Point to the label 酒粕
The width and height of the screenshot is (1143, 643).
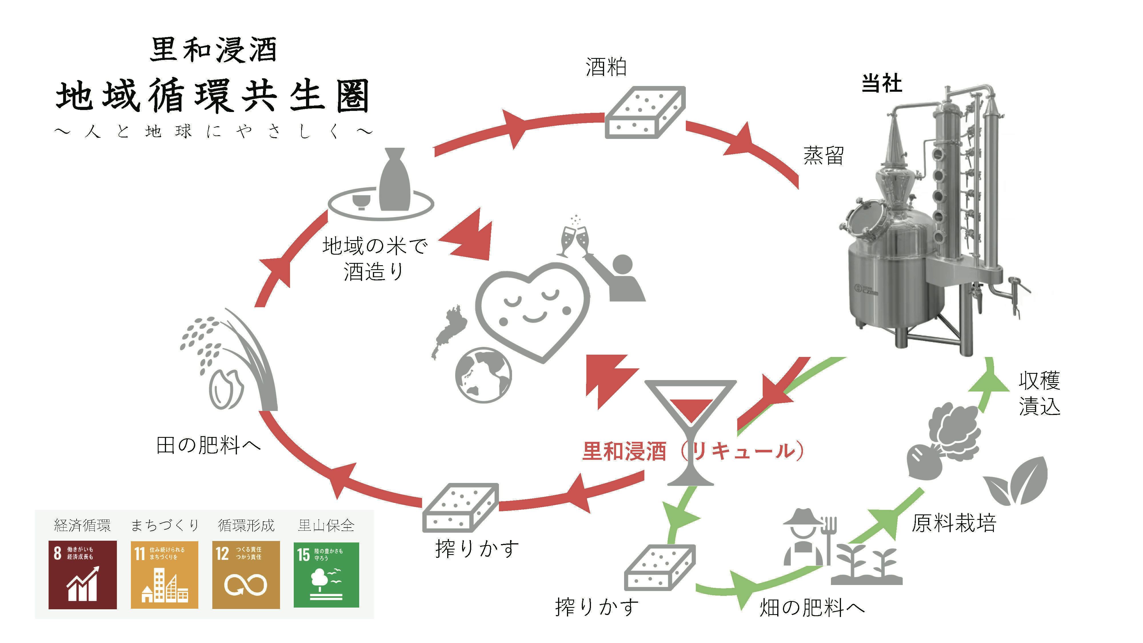(x=606, y=67)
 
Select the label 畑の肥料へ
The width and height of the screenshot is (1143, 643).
(x=812, y=608)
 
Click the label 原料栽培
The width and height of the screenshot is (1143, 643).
(x=954, y=523)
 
